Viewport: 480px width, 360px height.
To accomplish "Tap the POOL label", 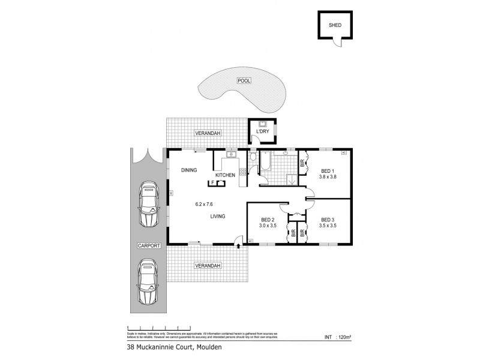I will pyautogui.click(x=244, y=80).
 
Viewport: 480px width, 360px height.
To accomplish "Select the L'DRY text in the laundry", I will pyautogui.click(x=262, y=131).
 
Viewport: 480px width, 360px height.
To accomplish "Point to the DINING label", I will pyautogui.click(x=190, y=170).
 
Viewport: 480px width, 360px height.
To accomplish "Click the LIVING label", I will pyautogui.click(x=217, y=217).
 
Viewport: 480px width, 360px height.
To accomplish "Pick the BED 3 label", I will pyautogui.click(x=328, y=220).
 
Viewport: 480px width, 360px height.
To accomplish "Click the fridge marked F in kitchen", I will pyautogui.click(x=212, y=182).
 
